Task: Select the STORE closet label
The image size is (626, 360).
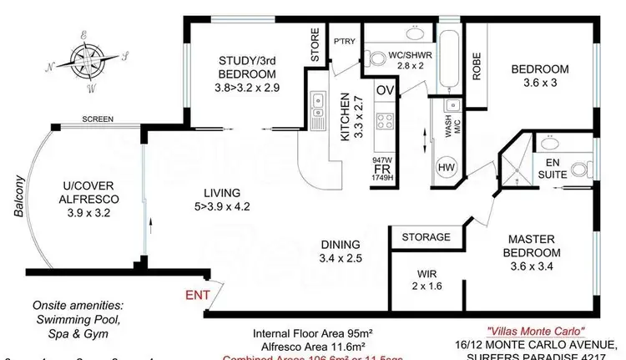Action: tap(316, 47)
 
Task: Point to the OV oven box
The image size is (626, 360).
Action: tap(385, 90)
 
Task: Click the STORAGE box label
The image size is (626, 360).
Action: tap(426, 237)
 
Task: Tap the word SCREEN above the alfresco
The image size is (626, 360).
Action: tap(98, 119)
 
